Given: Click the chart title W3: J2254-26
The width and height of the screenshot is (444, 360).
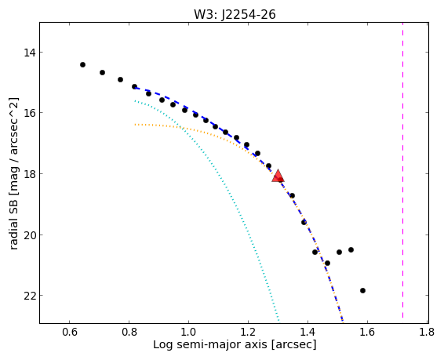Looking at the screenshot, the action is [x=235, y=14].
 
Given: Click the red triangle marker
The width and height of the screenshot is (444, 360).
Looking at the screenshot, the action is [x=278, y=176].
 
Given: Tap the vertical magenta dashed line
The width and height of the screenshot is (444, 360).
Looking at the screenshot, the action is [x=402, y=173].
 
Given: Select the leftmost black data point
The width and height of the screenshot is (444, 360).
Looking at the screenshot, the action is [x=82, y=65].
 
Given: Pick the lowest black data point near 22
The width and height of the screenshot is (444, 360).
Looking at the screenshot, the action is [x=362, y=290].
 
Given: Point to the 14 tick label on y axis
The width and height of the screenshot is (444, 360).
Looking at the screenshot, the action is [x=28, y=53].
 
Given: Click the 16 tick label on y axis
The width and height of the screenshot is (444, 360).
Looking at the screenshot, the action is [x=28, y=113].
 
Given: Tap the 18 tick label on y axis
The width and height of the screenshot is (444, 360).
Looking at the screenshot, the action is [x=28, y=174].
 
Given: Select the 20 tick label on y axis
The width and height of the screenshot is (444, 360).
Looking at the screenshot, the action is [x=28, y=235].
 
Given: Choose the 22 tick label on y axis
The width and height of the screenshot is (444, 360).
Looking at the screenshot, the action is [x=28, y=296].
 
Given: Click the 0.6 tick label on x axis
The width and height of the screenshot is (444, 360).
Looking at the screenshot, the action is [x=69, y=332].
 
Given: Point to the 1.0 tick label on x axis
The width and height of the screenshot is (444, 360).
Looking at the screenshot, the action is [x=188, y=332].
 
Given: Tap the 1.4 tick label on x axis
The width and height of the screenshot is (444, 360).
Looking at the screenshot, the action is [x=308, y=332].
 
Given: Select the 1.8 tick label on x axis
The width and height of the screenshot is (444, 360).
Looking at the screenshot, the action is [x=427, y=332].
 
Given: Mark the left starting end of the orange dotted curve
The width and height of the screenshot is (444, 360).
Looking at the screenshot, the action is [x=136, y=124].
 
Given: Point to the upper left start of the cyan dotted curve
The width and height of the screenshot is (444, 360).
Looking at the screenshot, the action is [x=136, y=100].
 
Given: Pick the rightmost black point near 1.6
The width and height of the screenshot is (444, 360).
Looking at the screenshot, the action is [x=362, y=290].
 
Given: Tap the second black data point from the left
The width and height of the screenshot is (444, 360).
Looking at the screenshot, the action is [x=102, y=73].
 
